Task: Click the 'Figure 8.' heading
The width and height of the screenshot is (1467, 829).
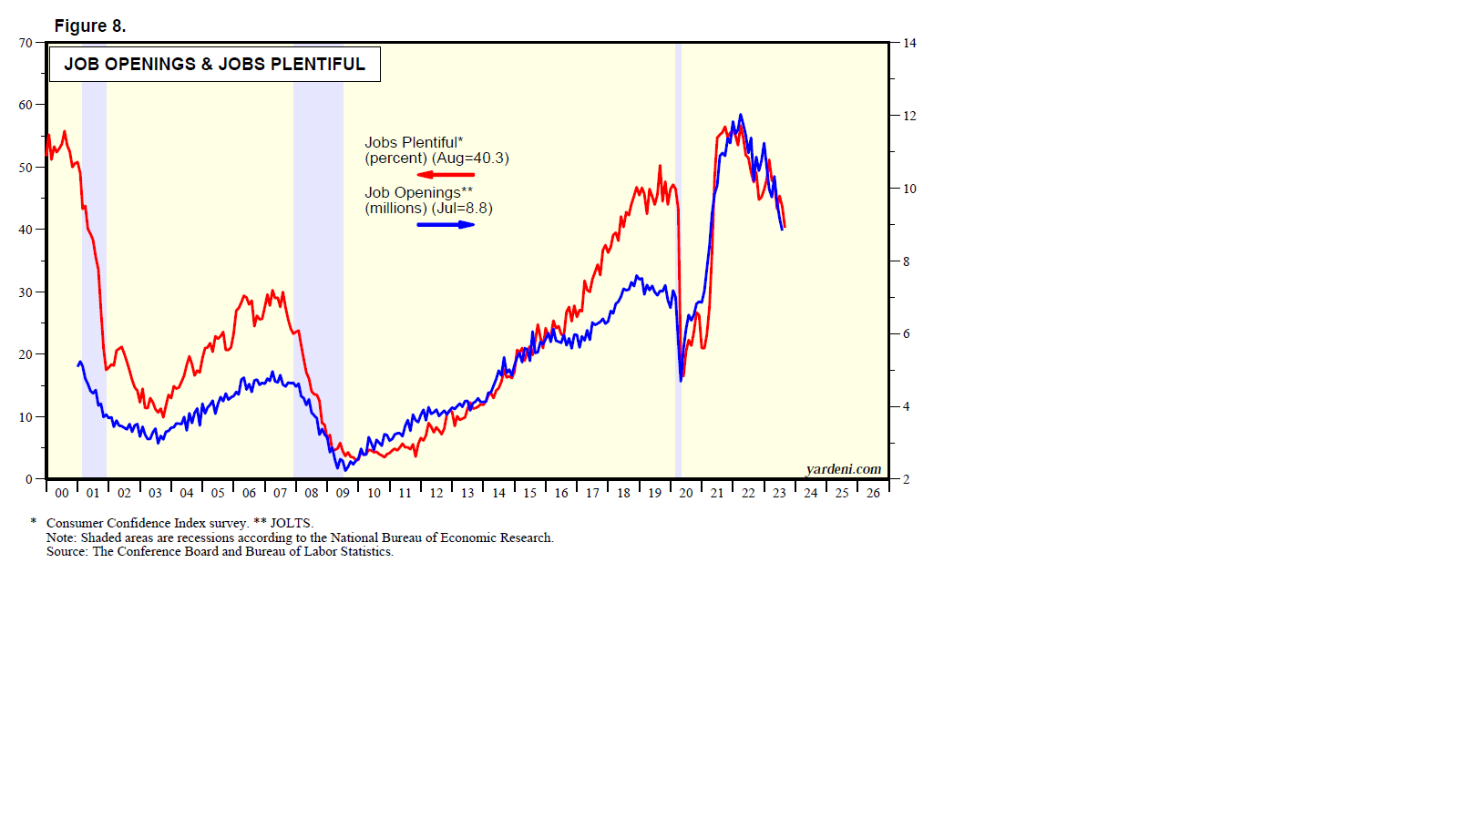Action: click(90, 26)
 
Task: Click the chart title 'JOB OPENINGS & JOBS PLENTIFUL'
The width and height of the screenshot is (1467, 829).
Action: click(214, 64)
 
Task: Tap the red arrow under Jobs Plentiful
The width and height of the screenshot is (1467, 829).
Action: click(446, 174)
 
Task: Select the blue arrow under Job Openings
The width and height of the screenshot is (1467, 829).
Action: click(446, 224)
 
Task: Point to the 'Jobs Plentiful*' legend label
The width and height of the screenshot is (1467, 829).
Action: click(414, 142)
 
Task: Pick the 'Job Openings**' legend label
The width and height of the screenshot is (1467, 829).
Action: click(418, 192)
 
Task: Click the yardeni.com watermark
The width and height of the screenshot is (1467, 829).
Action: click(844, 469)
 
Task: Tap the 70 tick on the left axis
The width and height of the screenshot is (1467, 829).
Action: click(26, 43)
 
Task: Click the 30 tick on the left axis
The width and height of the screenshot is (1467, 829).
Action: click(26, 292)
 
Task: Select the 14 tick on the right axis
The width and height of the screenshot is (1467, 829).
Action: click(909, 43)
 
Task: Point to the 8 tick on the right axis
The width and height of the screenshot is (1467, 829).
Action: click(906, 261)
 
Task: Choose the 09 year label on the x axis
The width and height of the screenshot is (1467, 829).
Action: click(343, 493)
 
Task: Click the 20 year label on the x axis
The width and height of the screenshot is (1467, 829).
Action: click(686, 493)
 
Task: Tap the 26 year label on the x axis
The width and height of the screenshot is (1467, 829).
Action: click(873, 493)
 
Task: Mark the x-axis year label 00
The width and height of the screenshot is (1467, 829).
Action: click(62, 493)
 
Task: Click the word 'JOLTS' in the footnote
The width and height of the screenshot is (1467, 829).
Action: click(291, 523)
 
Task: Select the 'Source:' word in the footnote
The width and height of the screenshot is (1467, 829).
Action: click(67, 551)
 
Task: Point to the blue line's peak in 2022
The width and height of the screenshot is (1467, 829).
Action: click(741, 115)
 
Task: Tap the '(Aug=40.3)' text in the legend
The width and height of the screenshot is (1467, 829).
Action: click(470, 158)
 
